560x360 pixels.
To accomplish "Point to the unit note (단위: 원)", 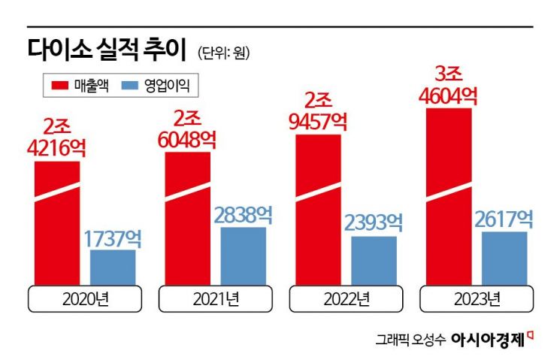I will pyautogui.click(x=224, y=53).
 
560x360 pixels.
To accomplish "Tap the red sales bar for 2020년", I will pyautogui.click(x=57, y=225).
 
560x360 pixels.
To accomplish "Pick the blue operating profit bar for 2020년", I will pyautogui.click(x=113, y=268).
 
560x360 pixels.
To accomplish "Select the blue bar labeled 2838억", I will pyautogui.click(x=243, y=256).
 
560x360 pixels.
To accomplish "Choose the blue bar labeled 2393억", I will pyautogui.click(x=374, y=261).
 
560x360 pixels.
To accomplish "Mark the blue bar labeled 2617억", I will pyautogui.click(x=504, y=259).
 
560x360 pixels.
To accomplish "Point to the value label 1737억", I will pyautogui.click(x=112, y=239).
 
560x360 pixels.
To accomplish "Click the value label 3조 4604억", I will pyautogui.click(x=449, y=85).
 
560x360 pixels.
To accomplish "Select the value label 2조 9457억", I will pyautogui.click(x=319, y=110).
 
